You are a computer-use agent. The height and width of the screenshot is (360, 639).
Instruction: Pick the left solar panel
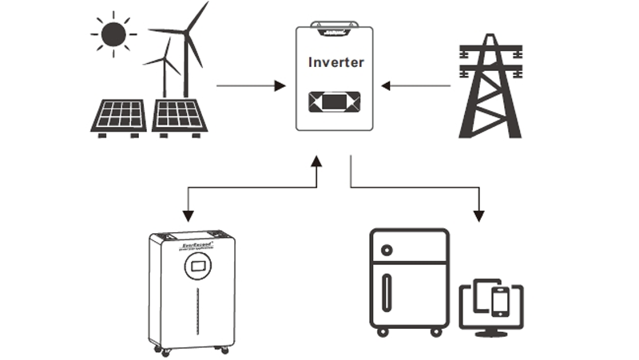117,115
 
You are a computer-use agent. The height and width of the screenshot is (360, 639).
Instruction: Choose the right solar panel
180,115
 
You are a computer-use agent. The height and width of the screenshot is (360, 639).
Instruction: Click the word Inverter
335,62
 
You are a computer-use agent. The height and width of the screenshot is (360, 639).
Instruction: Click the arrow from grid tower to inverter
416,85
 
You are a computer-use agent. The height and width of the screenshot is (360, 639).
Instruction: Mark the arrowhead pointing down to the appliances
479,216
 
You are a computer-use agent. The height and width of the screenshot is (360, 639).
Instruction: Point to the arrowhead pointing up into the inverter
316,161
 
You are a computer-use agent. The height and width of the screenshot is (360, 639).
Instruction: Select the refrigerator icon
409,279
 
